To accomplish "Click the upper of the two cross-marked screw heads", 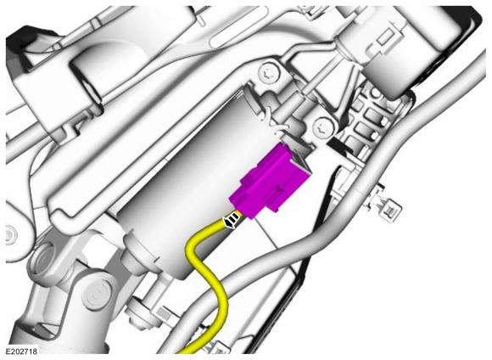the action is (x=269, y=72).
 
